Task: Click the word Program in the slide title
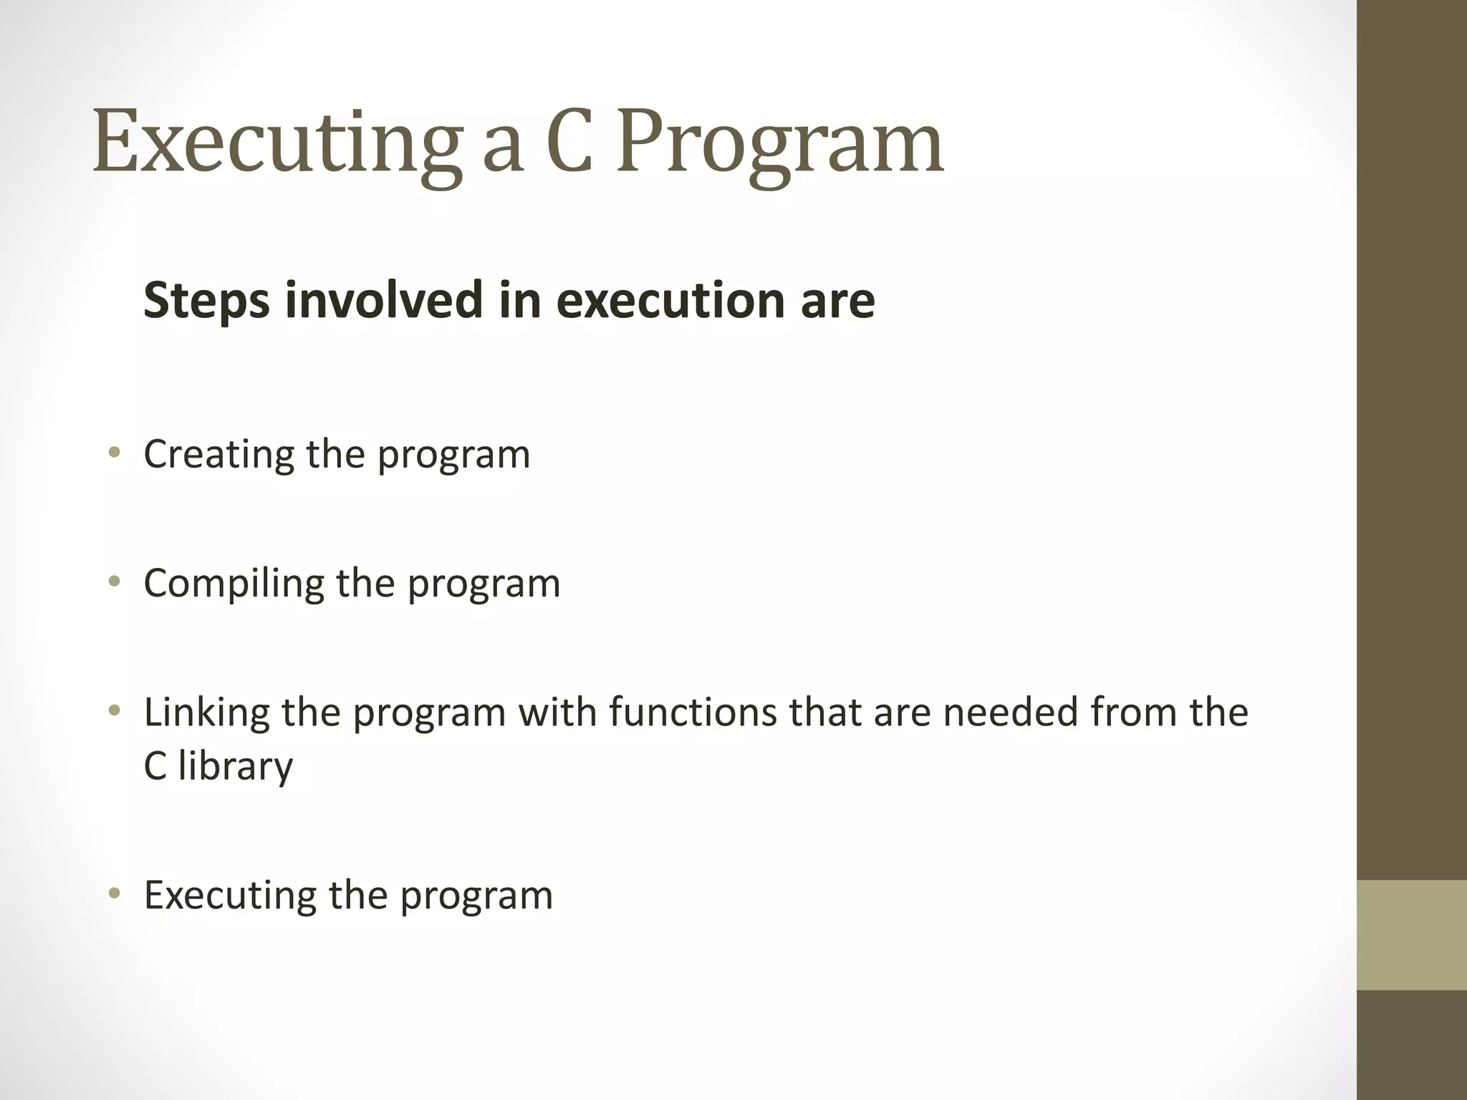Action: pyautogui.click(x=781, y=143)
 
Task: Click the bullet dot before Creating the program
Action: pyautogui.click(x=114, y=452)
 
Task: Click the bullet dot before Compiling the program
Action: pyautogui.click(x=114, y=581)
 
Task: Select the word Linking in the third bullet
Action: pyautogui.click(x=207, y=713)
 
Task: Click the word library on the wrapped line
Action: pyautogui.click(x=236, y=767)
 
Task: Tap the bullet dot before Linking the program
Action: pyautogui.click(x=114, y=710)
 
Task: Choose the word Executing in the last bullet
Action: pyautogui.click(x=230, y=896)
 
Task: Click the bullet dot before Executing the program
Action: pyautogui.click(x=114, y=893)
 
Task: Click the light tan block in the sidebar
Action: pyautogui.click(x=1411, y=935)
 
